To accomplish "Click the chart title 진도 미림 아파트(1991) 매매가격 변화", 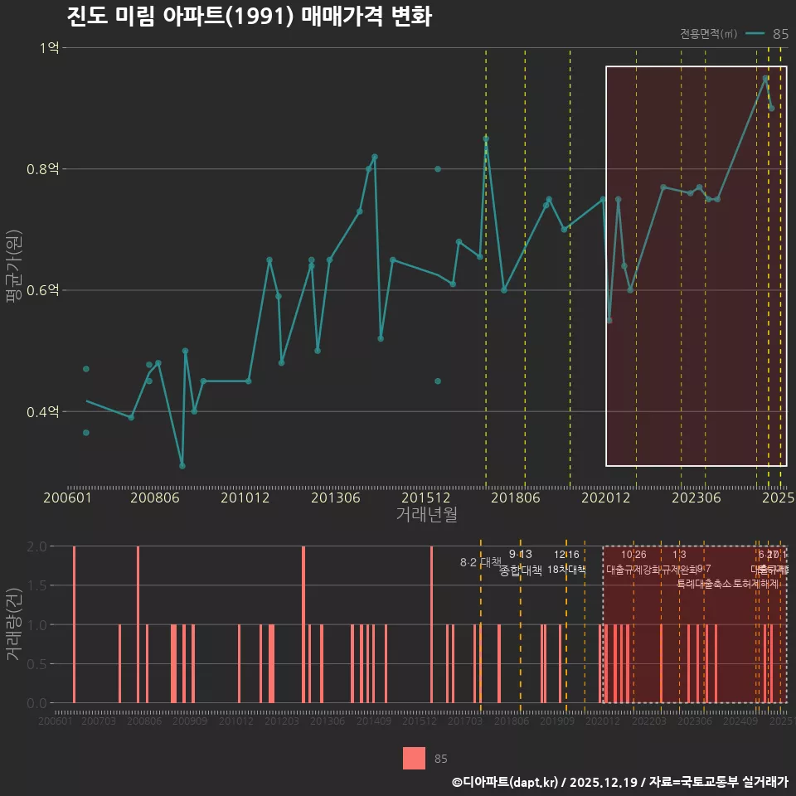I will tap(249, 17).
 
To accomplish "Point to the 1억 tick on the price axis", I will tap(49, 48).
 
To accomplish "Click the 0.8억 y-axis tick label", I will tap(43, 169).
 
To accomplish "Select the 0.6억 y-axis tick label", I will tap(43, 290).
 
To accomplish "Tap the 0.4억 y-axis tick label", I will tap(43, 411).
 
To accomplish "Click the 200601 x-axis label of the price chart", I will tap(67, 498).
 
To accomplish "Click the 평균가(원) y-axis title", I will tap(13, 265).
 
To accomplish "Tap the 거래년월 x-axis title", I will tap(426, 515).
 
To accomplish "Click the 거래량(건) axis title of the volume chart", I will tap(13, 624).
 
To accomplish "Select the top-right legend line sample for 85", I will tap(755, 34).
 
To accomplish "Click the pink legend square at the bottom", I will tap(414, 758).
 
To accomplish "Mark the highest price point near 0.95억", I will tap(765, 78).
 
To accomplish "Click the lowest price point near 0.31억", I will tap(182, 466).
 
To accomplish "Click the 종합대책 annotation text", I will tap(521, 570).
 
